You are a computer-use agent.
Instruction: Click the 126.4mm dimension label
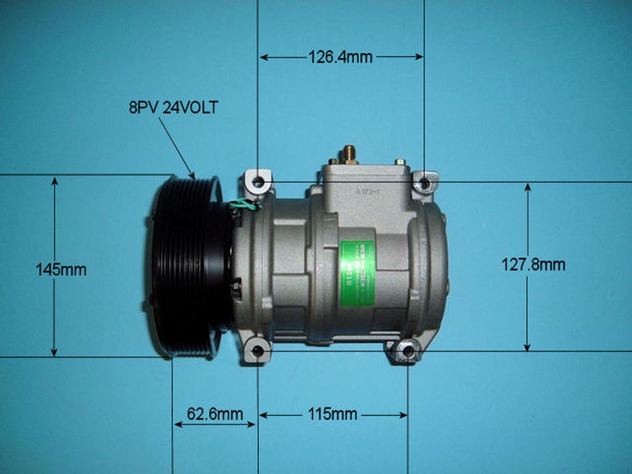click(x=340, y=57)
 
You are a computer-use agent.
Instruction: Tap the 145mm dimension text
click(x=61, y=270)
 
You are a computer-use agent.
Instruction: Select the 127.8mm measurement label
click(x=533, y=265)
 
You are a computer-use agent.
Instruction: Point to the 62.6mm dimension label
click(x=215, y=414)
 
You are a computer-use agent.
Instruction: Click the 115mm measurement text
click(x=333, y=414)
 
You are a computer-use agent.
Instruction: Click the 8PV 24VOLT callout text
click(x=173, y=108)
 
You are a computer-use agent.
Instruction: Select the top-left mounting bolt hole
click(x=258, y=183)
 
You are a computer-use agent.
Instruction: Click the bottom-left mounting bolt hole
click(x=258, y=352)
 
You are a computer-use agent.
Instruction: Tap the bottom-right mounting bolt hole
click(x=408, y=352)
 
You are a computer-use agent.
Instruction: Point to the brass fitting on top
click(x=349, y=153)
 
